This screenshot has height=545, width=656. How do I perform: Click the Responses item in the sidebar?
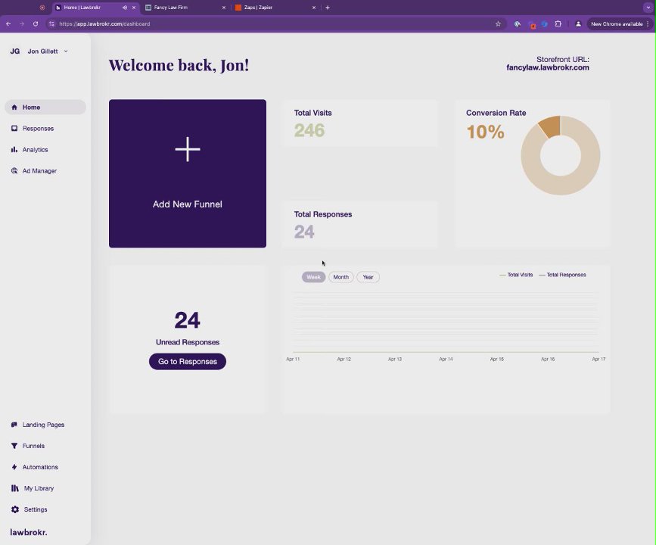point(37,129)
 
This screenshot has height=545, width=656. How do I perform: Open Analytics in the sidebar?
point(35,150)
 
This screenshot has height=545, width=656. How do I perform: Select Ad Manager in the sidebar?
point(39,171)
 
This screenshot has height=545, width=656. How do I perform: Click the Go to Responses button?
point(188,362)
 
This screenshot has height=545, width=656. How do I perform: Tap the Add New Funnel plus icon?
point(188,149)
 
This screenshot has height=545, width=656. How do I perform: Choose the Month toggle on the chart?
point(341,277)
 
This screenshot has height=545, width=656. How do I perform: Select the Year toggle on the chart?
point(368,277)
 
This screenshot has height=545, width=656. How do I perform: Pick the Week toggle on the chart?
point(313,277)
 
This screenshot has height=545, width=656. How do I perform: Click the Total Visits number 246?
point(309,130)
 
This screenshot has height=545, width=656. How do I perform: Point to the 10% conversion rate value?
point(485,132)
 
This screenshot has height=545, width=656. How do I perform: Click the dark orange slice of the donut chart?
point(550,126)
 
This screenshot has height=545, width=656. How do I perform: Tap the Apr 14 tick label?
point(446,359)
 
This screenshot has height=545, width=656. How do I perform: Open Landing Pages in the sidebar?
point(42,425)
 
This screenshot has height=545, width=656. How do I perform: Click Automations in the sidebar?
point(39,467)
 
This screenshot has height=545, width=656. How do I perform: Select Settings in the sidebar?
point(35,509)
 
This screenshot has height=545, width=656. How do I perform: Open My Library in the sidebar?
point(38,488)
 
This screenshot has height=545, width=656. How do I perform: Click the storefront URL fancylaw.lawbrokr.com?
point(547,68)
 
